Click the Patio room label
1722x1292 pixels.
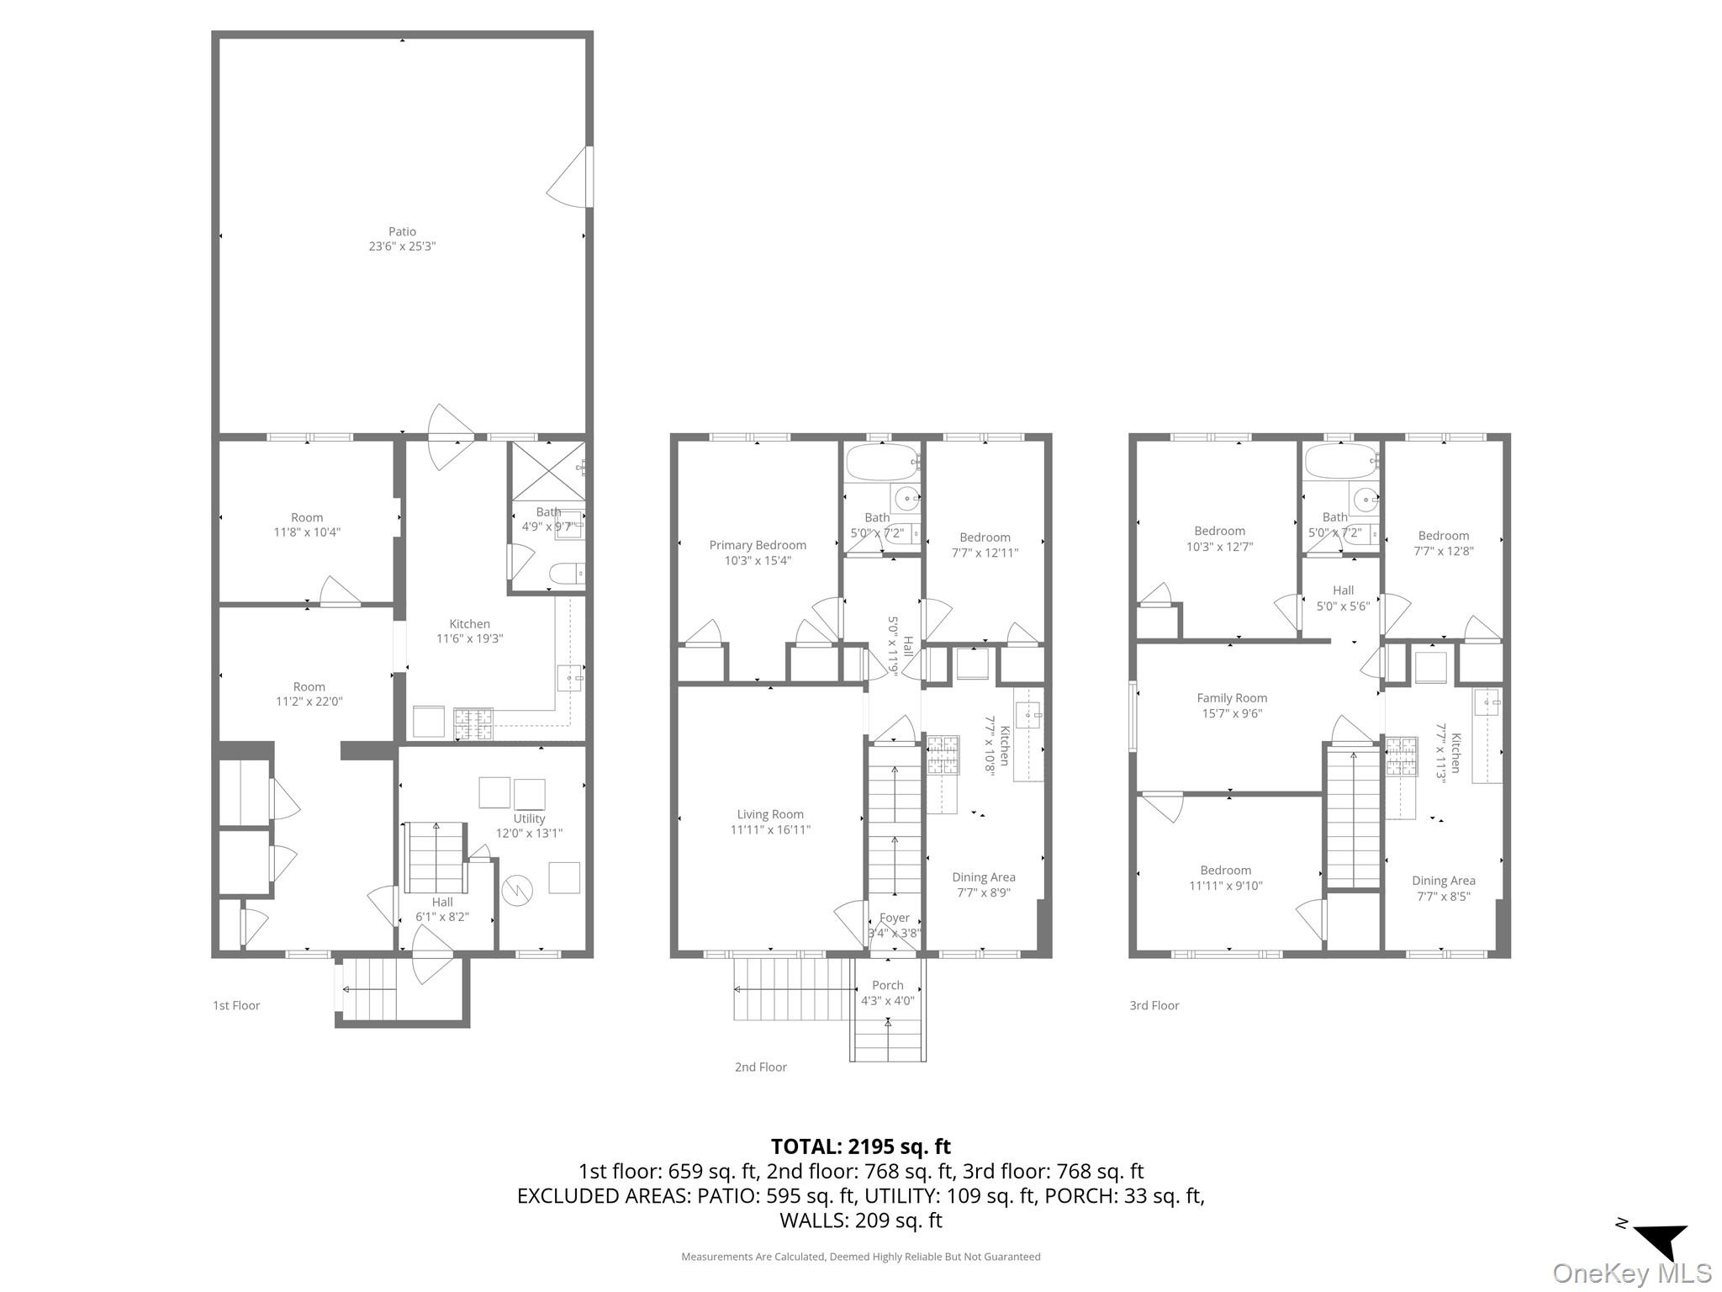point(402,231)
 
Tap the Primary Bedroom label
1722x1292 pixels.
point(757,545)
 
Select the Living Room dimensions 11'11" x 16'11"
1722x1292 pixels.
point(770,829)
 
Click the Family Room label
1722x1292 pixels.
point(1231,697)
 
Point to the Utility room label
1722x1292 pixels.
point(529,818)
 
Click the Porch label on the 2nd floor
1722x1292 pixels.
point(887,985)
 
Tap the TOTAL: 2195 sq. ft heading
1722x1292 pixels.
point(860,1146)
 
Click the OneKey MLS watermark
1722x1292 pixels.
point(1631,1273)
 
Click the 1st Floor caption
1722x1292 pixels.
point(236,1005)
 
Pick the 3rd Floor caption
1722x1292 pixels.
point(1154,1005)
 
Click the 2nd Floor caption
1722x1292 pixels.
point(760,1067)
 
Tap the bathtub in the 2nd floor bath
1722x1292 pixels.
point(880,462)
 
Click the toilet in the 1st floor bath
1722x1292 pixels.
point(565,575)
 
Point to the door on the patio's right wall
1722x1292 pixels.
point(572,177)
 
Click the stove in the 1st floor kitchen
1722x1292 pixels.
point(473,723)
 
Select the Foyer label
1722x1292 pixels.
point(894,918)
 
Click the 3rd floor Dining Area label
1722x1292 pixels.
point(1443,881)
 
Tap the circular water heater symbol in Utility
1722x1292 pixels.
point(517,889)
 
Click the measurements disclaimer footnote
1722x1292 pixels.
point(860,1257)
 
